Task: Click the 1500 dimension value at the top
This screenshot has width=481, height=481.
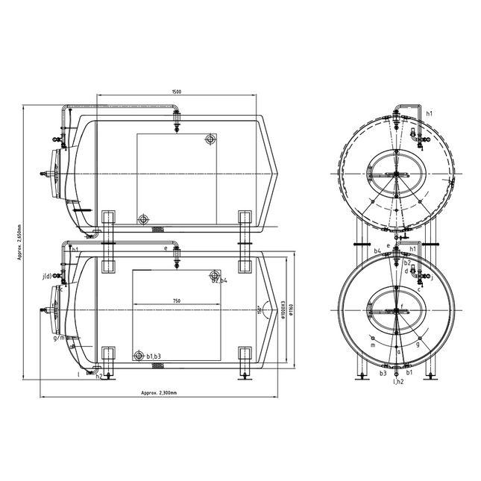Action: click(176, 92)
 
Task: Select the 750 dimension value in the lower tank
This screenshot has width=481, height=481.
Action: click(176, 301)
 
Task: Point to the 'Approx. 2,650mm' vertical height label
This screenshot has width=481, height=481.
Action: click(21, 242)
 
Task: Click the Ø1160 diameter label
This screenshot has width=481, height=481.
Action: click(292, 313)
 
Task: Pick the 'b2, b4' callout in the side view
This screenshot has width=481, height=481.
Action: click(219, 280)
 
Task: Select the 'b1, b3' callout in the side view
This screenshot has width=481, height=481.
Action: click(154, 356)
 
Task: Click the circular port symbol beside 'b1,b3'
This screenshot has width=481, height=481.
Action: click(138, 356)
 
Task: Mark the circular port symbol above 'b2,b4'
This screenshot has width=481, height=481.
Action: click(216, 274)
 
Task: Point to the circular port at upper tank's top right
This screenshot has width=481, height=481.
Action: click(211, 139)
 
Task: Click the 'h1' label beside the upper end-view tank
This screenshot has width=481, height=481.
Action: click(429, 114)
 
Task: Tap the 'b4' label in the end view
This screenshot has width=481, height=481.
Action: click(378, 251)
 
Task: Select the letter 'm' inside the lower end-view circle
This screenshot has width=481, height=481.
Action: click(372, 345)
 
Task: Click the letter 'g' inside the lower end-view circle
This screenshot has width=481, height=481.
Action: click(418, 345)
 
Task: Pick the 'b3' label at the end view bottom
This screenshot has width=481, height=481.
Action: click(383, 372)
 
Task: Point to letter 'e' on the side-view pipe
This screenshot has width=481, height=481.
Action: click(165, 248)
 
